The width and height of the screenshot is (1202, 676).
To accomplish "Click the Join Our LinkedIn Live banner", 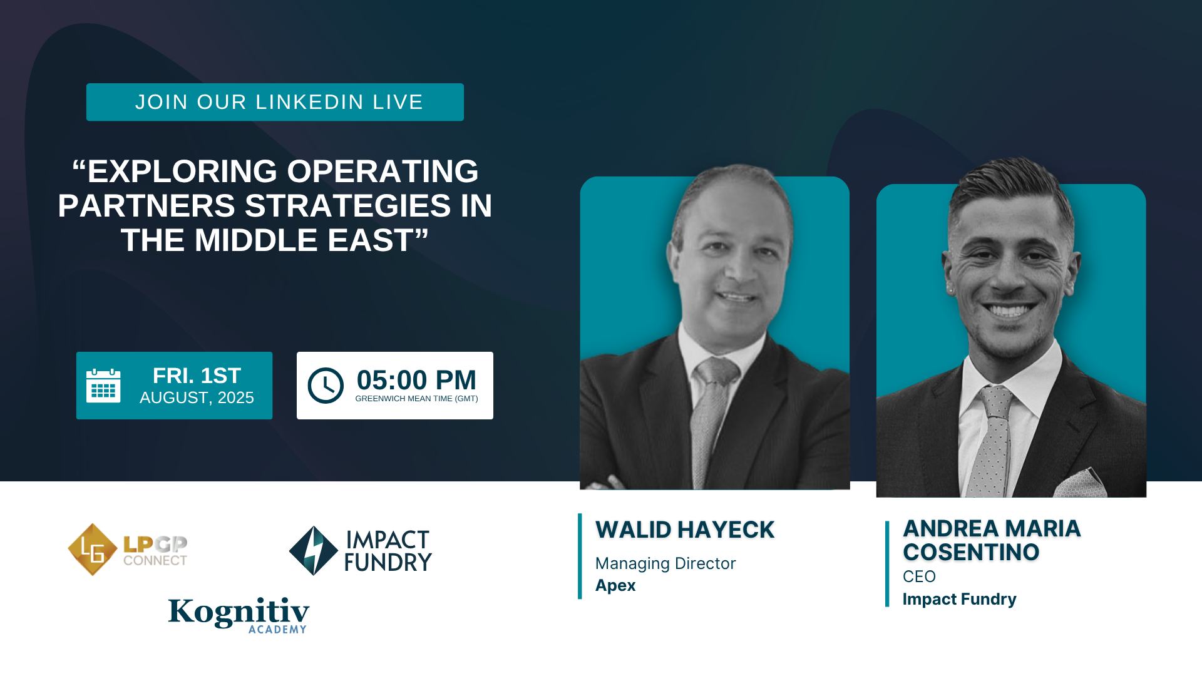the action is pos(275,102).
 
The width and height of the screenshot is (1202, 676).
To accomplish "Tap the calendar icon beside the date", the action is pos(103,386).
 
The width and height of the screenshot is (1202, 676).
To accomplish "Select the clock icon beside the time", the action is pos(326,386).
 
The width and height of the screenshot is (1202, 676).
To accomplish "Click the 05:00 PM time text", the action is pos(416,380).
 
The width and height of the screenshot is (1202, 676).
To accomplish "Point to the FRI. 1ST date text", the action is pos(197,376).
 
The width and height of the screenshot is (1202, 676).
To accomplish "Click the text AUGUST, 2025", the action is pos(197,398).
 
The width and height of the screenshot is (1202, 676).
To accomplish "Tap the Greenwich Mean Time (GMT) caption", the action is pos(416,399).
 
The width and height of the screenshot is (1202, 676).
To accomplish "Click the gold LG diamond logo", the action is pos(93,550).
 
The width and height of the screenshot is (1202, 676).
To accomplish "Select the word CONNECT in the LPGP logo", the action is pos(155,560).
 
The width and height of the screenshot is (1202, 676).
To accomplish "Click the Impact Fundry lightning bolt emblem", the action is pos(314,551).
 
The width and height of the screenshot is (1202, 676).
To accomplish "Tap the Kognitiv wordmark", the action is pos(239,612).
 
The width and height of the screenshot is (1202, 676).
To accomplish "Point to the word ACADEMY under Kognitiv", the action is pos(277,630).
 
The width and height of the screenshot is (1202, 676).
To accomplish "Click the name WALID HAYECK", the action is pos(685,530).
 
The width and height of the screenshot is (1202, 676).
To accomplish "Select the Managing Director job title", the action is pos(665,563).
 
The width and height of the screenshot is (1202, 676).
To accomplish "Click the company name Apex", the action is pos(615,586).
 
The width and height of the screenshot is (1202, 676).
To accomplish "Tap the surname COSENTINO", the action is pos(971,553).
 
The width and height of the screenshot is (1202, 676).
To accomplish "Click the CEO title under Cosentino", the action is pos(919,576).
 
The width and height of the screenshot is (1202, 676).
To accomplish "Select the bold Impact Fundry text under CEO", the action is pos(959,599).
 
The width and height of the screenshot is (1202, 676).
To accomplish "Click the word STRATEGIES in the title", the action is pos(347,206).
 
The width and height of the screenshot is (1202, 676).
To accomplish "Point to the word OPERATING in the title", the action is pos(383,172).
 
